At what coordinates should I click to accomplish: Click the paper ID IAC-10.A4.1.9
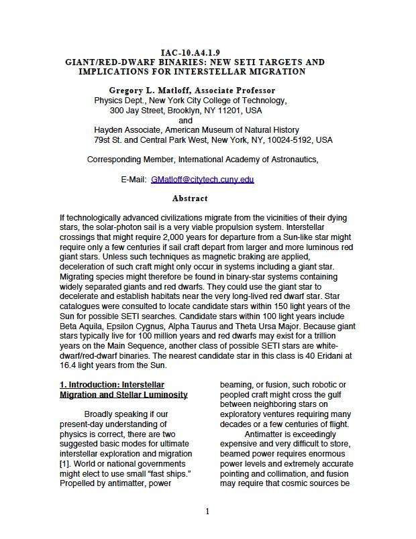click(191, 53)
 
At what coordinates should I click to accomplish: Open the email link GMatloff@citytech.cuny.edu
click(202, 180)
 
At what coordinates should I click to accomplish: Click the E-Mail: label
click(134, 180)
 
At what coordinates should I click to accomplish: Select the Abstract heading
click(190, 198)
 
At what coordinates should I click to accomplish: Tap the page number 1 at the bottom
click(207, 512)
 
